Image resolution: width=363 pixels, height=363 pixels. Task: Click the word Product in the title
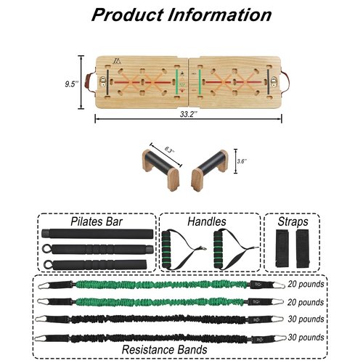[128, 15]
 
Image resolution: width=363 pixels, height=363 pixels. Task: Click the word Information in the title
[220, 15]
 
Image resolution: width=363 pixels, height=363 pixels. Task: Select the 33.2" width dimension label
[189, 114]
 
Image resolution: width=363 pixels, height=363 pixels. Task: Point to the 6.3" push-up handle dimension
[169, 150]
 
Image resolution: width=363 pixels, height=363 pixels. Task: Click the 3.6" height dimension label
[242, 161]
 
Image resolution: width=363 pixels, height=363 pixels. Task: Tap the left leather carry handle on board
[88, 82]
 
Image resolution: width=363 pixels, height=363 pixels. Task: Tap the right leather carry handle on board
[285, 82]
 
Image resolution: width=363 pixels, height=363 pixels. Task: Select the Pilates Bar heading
[97, 221]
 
